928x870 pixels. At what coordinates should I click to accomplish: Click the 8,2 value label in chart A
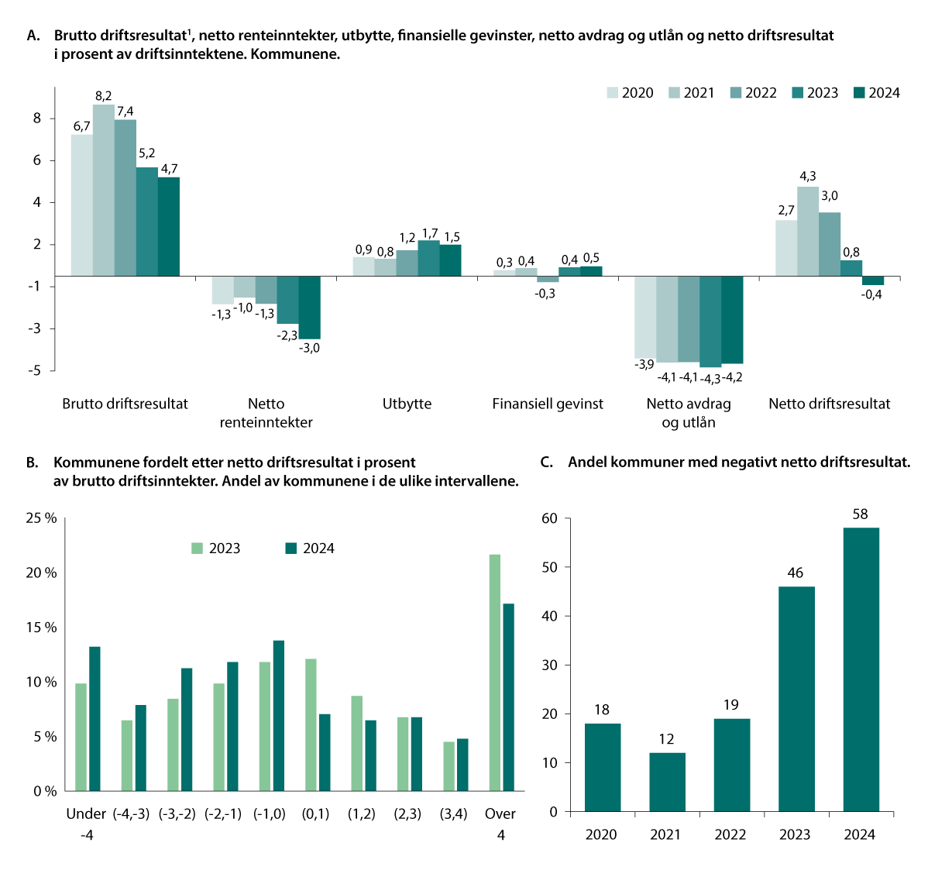pyautogui.click(x=103, y=96)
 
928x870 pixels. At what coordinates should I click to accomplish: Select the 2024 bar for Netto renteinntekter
pyautogui.click(x=309, y=307)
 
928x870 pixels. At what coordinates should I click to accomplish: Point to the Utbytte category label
pyautogui.click(x=407, y=404)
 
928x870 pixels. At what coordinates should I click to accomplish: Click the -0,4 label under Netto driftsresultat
pyautogui.click(x=872, y=294)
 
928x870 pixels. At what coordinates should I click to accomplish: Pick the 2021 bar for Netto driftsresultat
pyautogui.click(x=808, y=231)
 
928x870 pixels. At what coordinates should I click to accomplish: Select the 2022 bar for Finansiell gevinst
pyautogui.click(x=548, y=279)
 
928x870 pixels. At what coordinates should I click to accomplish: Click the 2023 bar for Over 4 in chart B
pyautogui.click(x=494, y=672)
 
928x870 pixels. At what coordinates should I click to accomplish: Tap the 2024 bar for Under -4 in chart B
pyautogui.click(x=95, y=718)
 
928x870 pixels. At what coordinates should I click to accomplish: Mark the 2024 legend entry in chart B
pyautogui.click(x=310, y=548)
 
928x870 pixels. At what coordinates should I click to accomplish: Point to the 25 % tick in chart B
pyautogui.click(x=42, y=518)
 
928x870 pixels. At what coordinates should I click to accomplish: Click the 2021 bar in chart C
pyautogui.click(x=667, y=782)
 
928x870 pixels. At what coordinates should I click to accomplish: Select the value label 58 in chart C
pyautogui.click(x=860, y=514)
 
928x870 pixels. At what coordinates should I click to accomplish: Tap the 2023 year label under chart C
pyautogui.click(x=795, y=834)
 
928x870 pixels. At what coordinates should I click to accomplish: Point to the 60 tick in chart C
pyautogui.click(x=549, y=518)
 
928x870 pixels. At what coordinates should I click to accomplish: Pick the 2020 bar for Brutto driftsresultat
pyautogui.click(x=82, y=205)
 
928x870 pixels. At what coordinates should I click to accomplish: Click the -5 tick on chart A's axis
pyautogui.click(x=36, y=370)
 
